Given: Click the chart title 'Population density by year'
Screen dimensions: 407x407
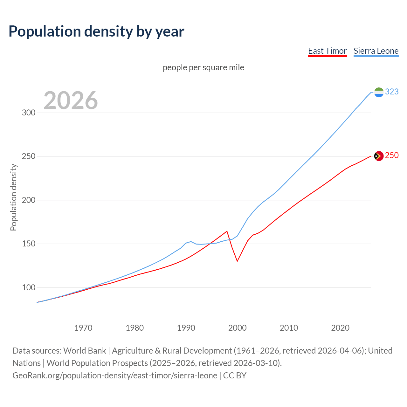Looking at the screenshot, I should [96, 31].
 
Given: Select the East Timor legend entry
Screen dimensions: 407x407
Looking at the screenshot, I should [327, 51].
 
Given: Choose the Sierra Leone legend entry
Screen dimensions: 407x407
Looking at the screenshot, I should [376, 51].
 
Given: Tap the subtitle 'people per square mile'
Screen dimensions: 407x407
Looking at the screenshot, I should [203, 67].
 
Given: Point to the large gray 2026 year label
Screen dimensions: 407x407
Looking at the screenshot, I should [71, 100].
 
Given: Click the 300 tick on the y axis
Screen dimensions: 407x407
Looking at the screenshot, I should [28, 113].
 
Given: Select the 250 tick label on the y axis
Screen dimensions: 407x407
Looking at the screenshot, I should [28, 156].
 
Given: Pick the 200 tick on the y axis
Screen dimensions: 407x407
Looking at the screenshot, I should [28, 200].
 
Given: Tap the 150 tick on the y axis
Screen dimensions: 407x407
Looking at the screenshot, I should [28, 244].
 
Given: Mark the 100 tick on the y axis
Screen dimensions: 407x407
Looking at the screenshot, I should [28, 287].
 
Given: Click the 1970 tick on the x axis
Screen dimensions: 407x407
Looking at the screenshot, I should [83, 328].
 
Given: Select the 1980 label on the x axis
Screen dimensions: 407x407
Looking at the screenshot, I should [135, 328].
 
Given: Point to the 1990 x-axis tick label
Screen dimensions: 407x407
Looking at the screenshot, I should [186, 328].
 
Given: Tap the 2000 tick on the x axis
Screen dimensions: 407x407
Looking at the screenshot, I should [238, 328].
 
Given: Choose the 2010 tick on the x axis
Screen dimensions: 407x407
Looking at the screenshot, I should [289, 328].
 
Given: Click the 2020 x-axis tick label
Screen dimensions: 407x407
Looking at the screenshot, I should [340, 328].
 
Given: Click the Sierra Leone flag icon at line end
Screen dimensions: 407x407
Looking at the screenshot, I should [379, 92].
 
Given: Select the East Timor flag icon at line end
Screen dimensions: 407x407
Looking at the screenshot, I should [379, 156].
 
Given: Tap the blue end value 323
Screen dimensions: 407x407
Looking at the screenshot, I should [392, 92].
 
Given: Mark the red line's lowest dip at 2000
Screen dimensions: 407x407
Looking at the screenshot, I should [237, 261].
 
